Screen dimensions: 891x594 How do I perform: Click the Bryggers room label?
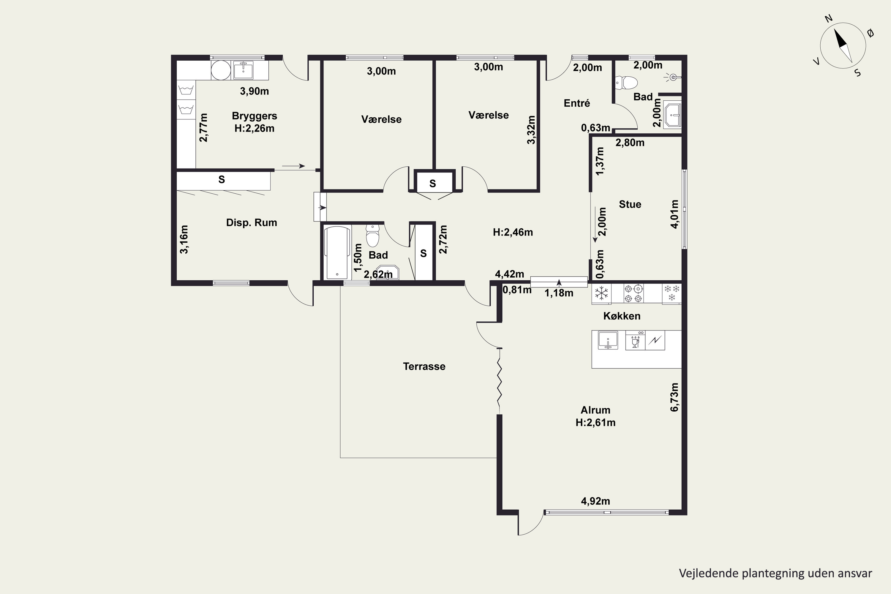[x=254, y=116]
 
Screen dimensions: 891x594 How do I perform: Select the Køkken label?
[x=622, y=316]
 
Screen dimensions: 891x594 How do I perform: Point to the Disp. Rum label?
[x=252, y=223]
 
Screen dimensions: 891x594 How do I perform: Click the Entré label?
[x=576, y=103]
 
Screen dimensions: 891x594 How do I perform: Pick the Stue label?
[x=630, y=205]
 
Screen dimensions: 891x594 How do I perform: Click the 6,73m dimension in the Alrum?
[x=675, y=397]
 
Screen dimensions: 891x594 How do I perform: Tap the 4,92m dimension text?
[x=595, y=501]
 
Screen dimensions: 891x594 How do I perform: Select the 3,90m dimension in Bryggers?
[x=254, y=91]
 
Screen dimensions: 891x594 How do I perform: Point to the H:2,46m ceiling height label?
[x=513, y=232]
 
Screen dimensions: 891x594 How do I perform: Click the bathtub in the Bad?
[x=337, y=253]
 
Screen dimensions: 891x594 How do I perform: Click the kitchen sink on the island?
[x=608, y=340]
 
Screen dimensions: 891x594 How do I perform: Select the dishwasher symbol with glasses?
[x=635, y=340]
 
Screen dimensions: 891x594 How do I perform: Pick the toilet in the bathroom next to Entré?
[x=627, y=82]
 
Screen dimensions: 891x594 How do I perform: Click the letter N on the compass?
[x=829, y=29]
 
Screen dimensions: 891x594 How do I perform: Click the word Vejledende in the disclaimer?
[x=703, y=573]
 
